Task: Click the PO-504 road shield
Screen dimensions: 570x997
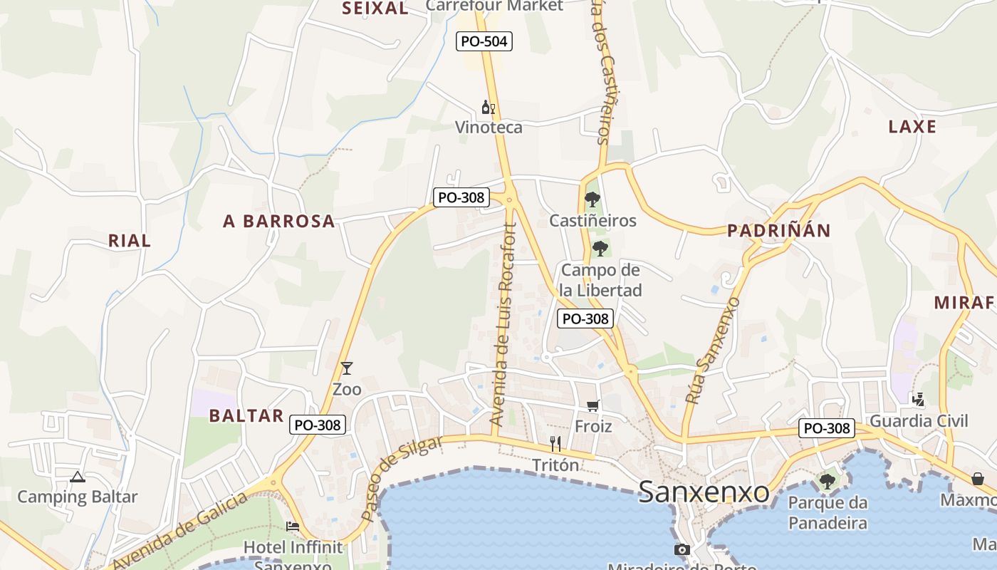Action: coord(484,41)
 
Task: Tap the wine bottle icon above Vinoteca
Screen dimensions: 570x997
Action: coord(488,108)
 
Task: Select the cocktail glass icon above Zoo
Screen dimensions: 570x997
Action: coord(347,368)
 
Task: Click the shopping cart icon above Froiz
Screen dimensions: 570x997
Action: coord(593,405)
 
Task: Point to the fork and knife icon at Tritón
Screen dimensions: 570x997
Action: coord(555,444)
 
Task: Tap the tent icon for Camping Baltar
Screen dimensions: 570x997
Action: coord(78,477)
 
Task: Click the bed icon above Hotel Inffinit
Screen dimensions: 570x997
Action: coord(293,527)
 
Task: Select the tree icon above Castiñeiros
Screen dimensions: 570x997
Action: coord(592,199)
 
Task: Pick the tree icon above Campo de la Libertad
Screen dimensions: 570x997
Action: coord(600,249)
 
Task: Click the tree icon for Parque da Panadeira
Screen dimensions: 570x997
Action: coord(828,482)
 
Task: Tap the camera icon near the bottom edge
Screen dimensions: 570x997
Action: coord(682,549)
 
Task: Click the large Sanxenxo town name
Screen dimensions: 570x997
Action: coord(704,492)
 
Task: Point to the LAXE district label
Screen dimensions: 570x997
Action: coord(912,127)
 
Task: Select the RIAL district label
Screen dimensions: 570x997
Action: coord(130,241)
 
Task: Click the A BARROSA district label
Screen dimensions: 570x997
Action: coord(279,222)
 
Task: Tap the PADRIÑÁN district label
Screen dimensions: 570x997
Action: coord(779,231)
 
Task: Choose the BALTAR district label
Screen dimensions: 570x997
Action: coord(246,416)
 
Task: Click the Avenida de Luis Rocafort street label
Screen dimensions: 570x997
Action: coord(503,325)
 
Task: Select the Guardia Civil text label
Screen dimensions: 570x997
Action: coord(919,420)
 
